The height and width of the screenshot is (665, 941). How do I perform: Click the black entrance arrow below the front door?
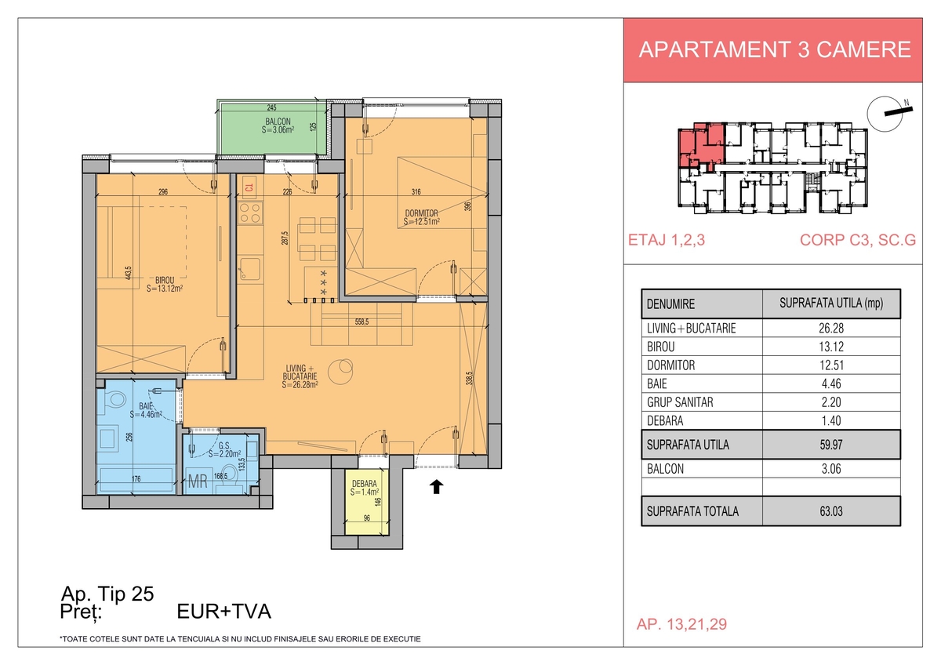tap(437, 487)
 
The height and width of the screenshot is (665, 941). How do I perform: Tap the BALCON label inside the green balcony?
tap(278, 122)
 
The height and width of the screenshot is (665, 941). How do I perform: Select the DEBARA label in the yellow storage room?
tap(364, 484)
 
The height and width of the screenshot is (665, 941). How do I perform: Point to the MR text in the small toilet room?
tap(198, 481)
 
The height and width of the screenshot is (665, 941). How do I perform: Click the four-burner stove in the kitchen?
tap(250, 213)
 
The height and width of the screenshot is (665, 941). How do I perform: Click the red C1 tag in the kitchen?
tap(249, 187)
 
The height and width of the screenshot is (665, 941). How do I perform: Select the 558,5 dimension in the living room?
tap(362, 322)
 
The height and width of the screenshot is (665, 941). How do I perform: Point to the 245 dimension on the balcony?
tap(272, 107)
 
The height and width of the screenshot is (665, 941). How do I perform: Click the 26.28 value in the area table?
tap(831, 328)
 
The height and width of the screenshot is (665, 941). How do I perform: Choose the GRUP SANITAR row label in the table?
tap(680, 402)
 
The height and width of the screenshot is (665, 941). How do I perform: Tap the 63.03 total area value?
tap(831, 511)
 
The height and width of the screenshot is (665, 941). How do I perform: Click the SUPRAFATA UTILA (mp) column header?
tap(831, 303)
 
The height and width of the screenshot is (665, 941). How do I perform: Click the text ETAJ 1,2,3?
tap(667, 240)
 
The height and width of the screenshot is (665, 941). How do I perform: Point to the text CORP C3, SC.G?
tap(857, 240)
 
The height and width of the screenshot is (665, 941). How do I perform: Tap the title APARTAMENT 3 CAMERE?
tap(775, 49)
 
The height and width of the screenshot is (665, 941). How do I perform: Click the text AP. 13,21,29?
tap(681, 624)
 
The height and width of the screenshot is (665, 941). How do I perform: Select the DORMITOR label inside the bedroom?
tap(421, 213)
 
